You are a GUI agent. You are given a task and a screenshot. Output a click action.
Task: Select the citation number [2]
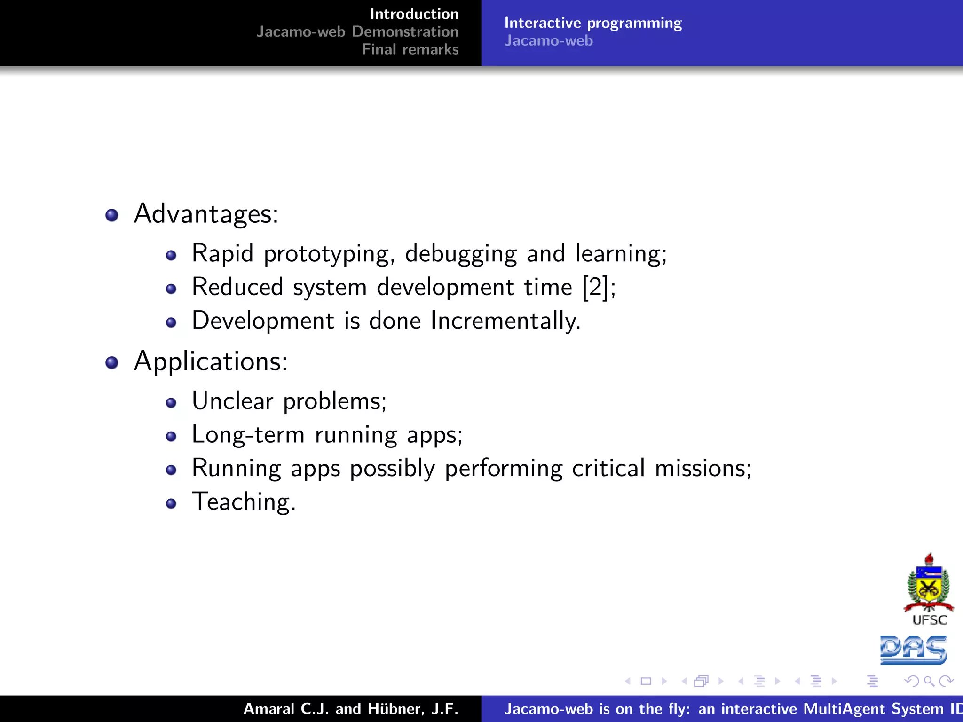pos(596,287)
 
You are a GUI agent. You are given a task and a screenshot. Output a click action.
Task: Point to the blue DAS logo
pos(913,650)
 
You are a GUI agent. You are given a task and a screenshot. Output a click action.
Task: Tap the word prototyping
pos(327,254)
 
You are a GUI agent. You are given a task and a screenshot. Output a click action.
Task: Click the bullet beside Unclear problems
pos(171,403)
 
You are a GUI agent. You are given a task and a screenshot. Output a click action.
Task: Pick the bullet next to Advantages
pos(112,215)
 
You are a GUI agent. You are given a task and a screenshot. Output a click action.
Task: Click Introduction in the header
pos(414,14)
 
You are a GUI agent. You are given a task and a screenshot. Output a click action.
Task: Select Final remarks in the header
pos(410,49)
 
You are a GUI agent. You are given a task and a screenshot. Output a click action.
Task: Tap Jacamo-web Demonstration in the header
pos(357,31)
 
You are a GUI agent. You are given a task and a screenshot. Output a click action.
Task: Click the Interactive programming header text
pos(592,23)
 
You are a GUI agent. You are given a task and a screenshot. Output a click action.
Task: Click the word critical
pos(608,469)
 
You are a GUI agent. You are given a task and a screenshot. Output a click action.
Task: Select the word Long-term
pos(248,435)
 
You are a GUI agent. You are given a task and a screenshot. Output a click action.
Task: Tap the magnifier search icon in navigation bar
pos(929,681)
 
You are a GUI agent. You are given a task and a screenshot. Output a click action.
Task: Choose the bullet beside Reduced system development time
pos(171,289)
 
